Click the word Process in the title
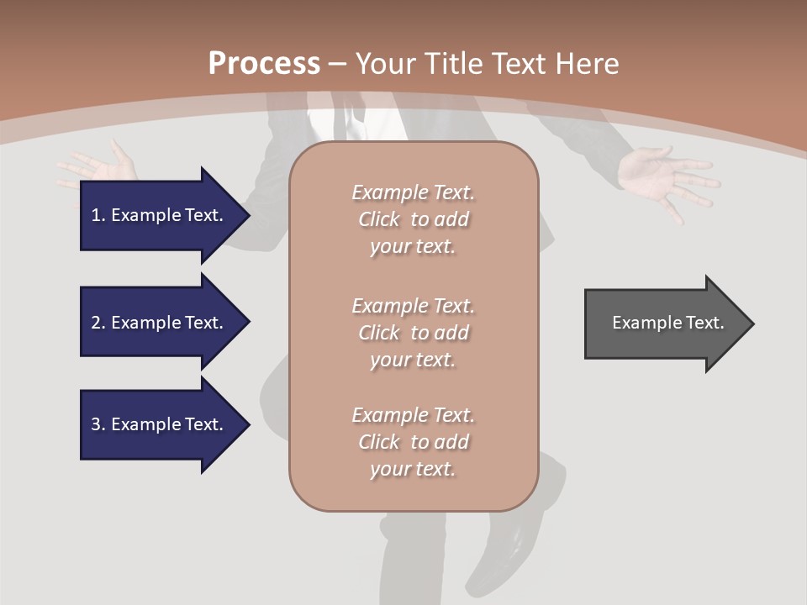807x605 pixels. click(x=264, y=63)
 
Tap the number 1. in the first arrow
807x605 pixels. click(x=98, y=215)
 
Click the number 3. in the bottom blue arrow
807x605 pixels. click(x=98, y=424)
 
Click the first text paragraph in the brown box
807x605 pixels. click(x=413, y=219)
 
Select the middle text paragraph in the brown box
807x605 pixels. click(x=413, y=333)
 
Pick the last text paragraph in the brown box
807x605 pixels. click(x=413, y=442)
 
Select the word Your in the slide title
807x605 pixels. click(x=386, y=63)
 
